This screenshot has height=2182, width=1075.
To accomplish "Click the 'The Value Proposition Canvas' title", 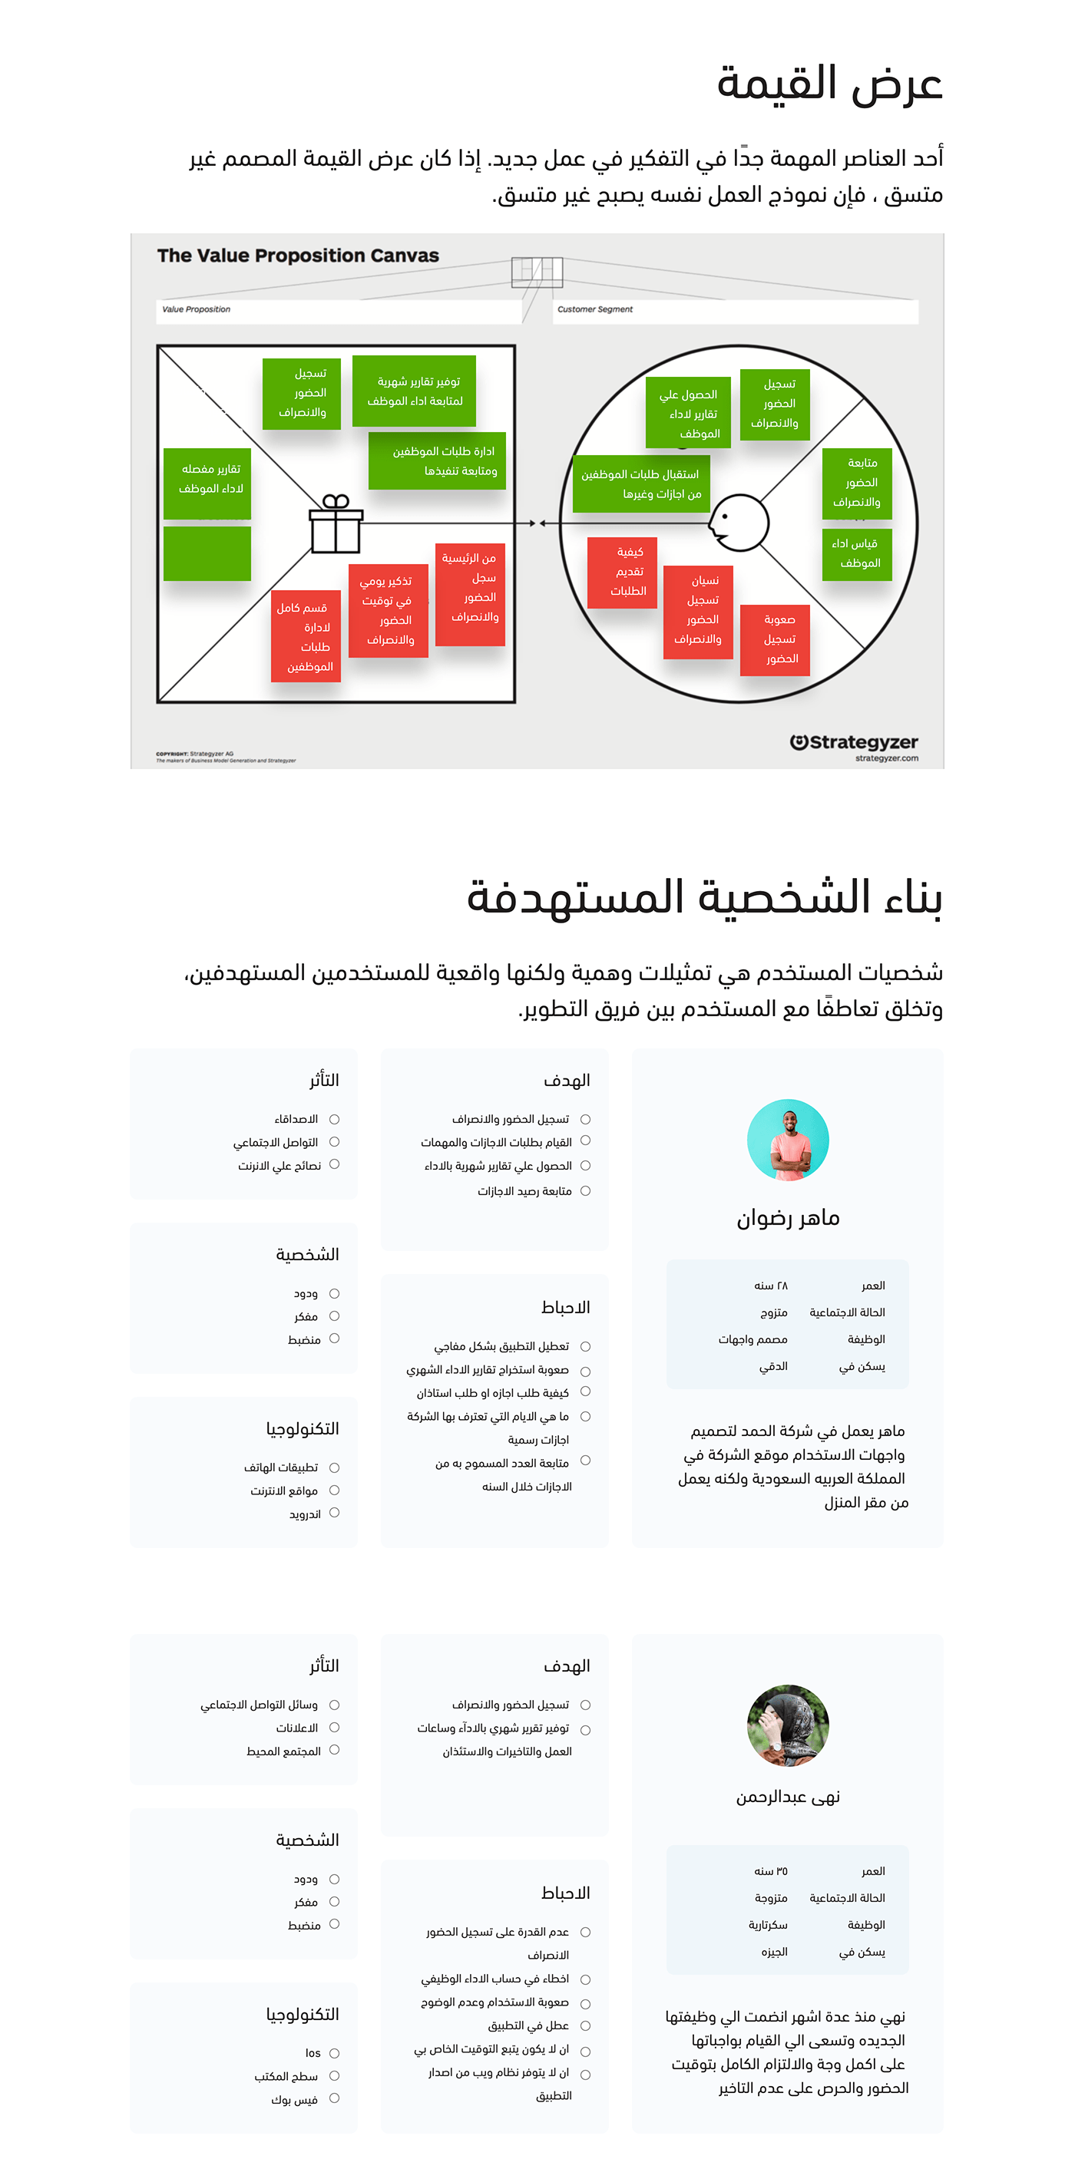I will pyautogui.click(x=297, y=255).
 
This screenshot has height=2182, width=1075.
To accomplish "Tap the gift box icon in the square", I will pyautogui.click(x=336, y=524).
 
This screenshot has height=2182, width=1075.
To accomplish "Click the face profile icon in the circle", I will pyautogui.click(x=738, y=523).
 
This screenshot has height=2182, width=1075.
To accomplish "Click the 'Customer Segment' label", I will pyautogui.click(x=594, y=309).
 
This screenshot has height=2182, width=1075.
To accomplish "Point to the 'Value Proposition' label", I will pyautogui.click(x=196, y=309).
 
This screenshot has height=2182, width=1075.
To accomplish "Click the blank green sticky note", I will pyautogui.click(x=207, y=553).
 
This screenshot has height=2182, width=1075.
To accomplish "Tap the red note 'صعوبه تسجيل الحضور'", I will pyautogui.click(x=774, y=639).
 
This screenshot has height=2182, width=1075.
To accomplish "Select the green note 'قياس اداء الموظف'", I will pyautogui.click(x=856, y=554).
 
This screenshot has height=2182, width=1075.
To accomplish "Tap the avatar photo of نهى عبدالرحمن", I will pyautogui.click(x=787, y=1725).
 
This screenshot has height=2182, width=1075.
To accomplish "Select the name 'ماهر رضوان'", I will pyautogui.click(x=787, y=1218).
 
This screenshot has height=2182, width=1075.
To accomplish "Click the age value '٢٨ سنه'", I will pyautogui.click(x=770, y=1285).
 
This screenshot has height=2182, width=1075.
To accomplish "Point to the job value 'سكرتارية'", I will pyautogui.click(x=768, y=1924).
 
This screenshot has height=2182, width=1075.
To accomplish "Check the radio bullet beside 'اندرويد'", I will pyautogui.click(x=334, y=1513).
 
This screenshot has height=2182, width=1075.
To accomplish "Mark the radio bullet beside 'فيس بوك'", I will pyautogui.click(x=334, y=2098).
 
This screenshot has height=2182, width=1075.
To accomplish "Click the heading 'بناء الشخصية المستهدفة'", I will pyautogui.click(x=704, y=897).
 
